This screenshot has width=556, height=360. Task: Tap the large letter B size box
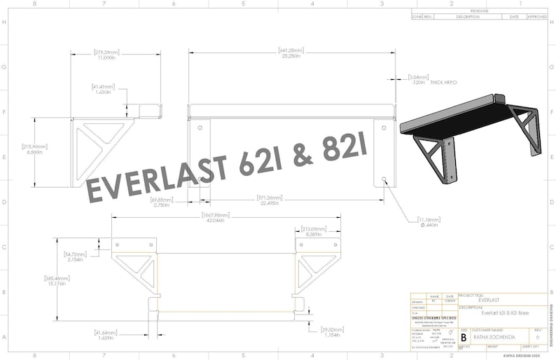tap(463, 337)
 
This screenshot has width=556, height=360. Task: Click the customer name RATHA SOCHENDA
tap(494, 337)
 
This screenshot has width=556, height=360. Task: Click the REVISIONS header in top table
tap(479, 12)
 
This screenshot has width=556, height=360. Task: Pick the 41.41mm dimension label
tap(104, 89)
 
